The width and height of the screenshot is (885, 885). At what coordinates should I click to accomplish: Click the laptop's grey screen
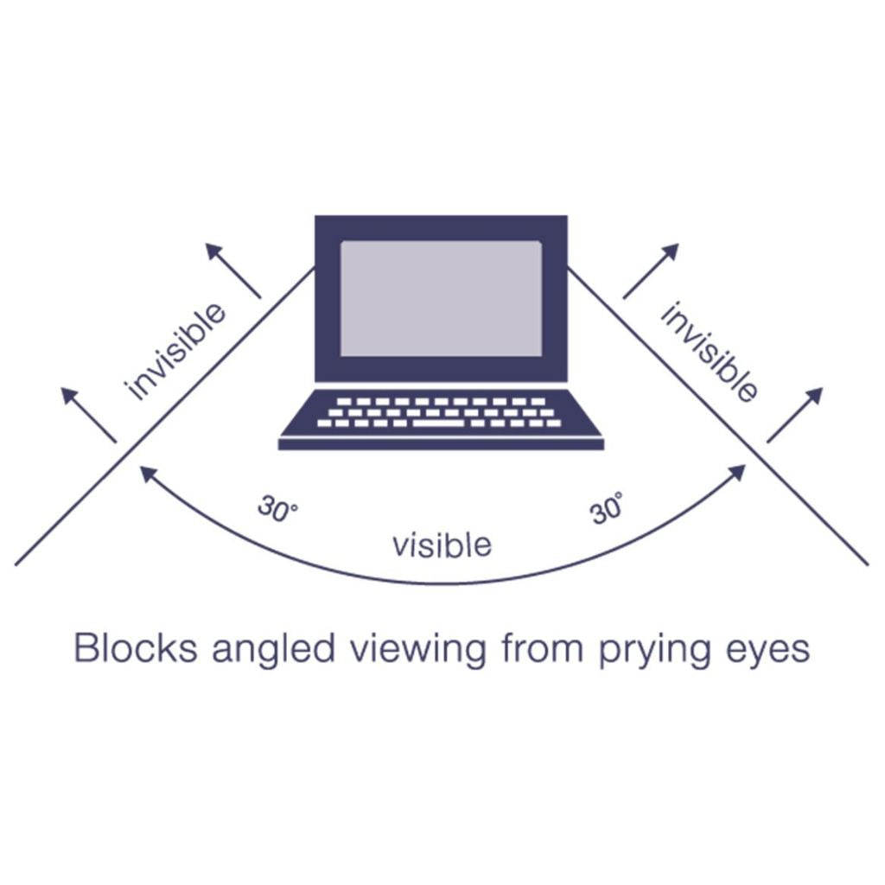tap(441, 297)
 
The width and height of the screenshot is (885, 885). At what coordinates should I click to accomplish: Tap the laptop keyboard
tap(440, 413)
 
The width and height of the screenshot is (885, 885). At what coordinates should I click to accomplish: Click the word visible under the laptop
tap(442, 544)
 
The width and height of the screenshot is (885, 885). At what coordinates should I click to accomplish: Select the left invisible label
tap(175, 351)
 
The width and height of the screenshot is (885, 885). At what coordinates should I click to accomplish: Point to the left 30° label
tap(277, 508)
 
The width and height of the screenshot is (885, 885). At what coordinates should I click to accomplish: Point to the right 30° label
tap(607, 508)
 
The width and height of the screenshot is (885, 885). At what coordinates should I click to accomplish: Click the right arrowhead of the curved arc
tap(737, 472)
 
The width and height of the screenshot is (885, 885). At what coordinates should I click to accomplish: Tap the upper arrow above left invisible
tap(232, 270)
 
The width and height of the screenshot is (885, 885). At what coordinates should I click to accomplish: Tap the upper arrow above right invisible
tap(652, 270)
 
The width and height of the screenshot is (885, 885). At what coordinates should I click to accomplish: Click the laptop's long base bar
tap(441, 443)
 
